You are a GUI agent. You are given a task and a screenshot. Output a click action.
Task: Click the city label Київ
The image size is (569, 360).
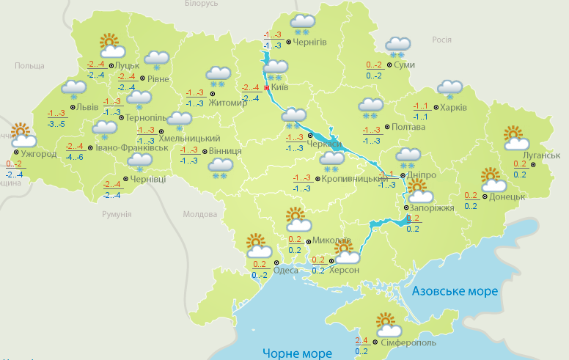(280, 87)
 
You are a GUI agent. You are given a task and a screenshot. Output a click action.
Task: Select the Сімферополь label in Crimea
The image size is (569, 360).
(408, 342)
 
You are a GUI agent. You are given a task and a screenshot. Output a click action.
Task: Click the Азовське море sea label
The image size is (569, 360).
(455, 291)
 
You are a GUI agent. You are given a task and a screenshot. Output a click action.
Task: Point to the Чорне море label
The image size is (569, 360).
(295, 353)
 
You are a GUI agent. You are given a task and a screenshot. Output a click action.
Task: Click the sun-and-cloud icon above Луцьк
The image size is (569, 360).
(111, 46)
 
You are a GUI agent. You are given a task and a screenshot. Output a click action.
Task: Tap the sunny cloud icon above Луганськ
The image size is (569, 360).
(517, 138)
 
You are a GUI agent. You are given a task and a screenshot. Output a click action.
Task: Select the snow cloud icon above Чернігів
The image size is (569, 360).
(303, 24)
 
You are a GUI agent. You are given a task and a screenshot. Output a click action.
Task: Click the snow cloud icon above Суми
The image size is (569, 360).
(398, 47)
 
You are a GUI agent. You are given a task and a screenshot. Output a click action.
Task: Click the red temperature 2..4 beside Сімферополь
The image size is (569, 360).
(361, 340)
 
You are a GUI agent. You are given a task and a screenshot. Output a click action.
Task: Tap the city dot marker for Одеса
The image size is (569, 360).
(276, 262)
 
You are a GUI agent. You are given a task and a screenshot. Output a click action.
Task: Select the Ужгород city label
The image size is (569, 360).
(39, 155)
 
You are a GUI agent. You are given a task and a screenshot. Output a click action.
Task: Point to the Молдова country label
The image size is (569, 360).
(199, 215)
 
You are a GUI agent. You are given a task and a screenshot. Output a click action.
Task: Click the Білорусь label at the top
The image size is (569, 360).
(201, 4)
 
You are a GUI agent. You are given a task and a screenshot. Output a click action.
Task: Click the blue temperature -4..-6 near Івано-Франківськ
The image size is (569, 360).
(74, 157)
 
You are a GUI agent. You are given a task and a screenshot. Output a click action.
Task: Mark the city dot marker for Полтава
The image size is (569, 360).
(386, 126)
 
